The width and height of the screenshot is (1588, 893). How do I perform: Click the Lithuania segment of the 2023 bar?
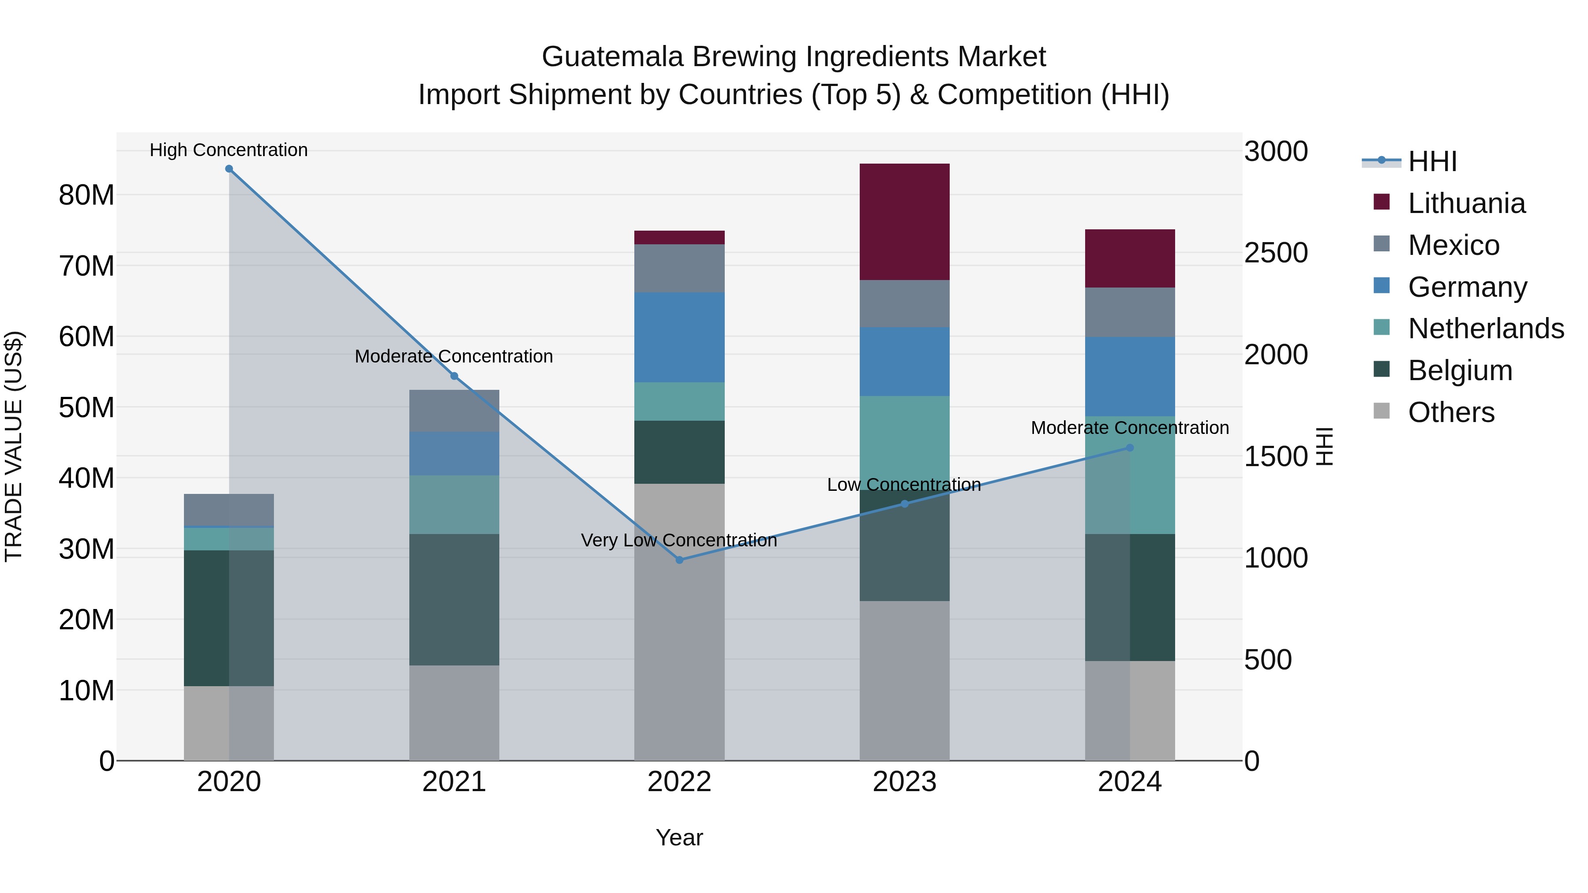pyautogui.click(x=904, y=222)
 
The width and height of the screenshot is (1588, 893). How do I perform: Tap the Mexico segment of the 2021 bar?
pyautogui.click(x=454, y=411)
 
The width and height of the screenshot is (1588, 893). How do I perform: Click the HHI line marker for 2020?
pyautogui.click(x=228, y=169)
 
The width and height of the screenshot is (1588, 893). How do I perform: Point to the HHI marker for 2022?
pyautogui.click(x=679, y=560)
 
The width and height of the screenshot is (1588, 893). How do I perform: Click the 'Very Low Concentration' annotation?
pyautogui.click(x=679, y=541)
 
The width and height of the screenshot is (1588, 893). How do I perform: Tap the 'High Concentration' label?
pyautogui.click(x=228, y=150)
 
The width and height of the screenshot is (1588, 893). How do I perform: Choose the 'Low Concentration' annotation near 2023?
pyautogui.click(x=904, y=485)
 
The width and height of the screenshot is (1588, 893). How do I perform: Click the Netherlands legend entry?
pyautogui.click(x=1486, y=329)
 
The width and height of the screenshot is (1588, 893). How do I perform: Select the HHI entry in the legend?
pyautogui.click(x=1432, y=161)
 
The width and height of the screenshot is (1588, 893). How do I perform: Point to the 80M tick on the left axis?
pyautogui.click(x=86, y=195)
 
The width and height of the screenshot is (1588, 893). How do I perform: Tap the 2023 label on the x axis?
pyautogui.click(x=904, y=782)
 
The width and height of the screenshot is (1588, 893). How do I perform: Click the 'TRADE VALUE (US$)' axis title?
pyautogui.click(x=14, y=446)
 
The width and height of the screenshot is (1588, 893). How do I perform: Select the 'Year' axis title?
pyautogui.click(x=679, y=837)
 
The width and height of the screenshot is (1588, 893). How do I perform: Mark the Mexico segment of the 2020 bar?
pyautogui.click(x=228, y=510)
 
